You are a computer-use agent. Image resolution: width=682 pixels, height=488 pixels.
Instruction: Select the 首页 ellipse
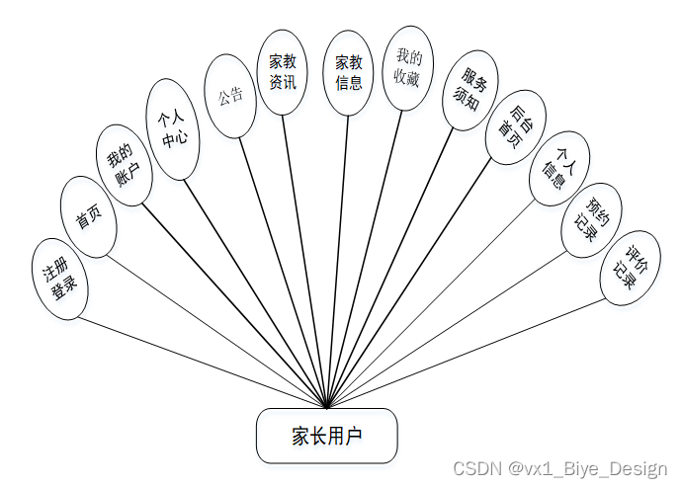pyautogui.click(x=89, y=219)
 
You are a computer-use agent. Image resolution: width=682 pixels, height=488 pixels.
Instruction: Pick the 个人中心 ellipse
pyautogui.click(x=172, y=129)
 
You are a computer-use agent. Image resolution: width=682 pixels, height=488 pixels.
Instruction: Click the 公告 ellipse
pyautogui.click(x=230, y=98)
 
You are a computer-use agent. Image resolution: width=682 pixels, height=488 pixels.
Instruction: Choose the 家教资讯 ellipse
pyautogui.click(x=283, y=71)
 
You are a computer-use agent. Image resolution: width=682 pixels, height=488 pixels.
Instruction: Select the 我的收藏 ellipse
pyautogui.click(x=407, y=68)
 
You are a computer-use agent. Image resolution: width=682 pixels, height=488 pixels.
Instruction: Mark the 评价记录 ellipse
pyautogui.click(x=630, y=265)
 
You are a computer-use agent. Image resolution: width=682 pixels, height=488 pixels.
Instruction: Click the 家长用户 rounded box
pyautogui.click(x=327, y=436)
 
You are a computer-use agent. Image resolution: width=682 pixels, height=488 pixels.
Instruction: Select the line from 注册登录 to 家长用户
pyautogui.click(x=203, y=362)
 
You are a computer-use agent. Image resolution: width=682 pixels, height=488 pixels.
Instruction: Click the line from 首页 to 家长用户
pyautogui.click(x=213, y=329)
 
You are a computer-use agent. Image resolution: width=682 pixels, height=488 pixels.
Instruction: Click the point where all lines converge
pyautogui.click(x=327, y=406)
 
